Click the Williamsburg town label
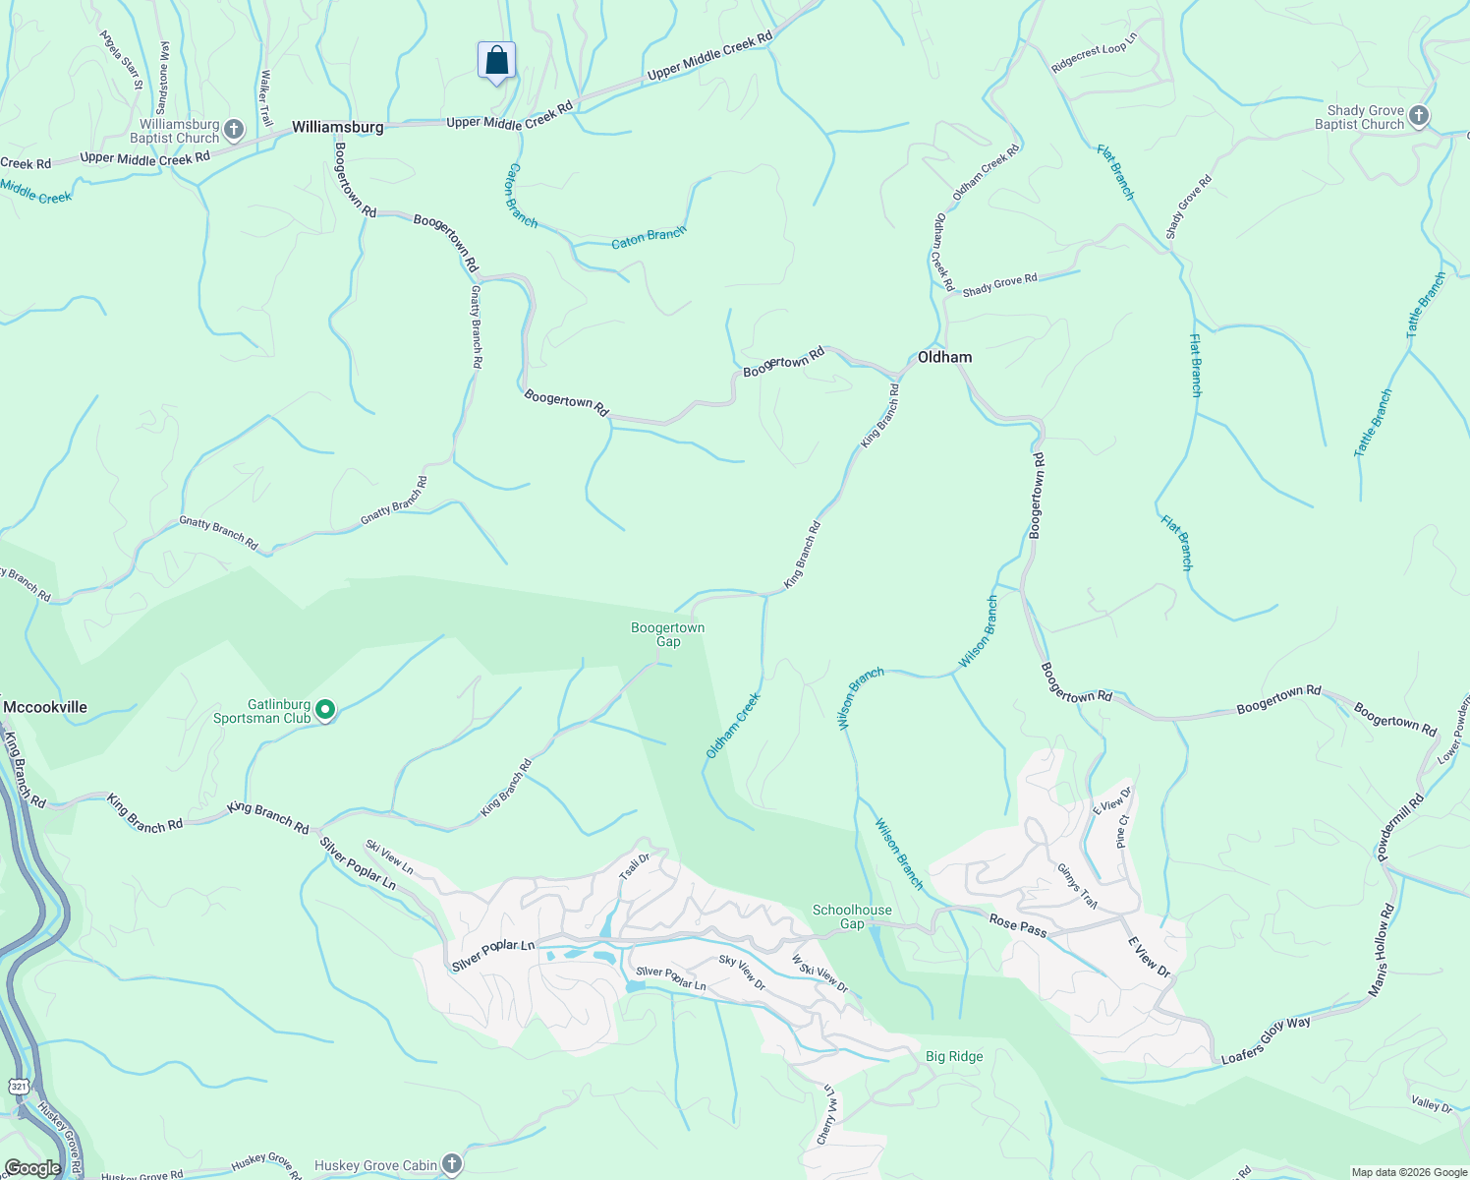(337, 128)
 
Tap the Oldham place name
(944, 358)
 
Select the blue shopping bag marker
(497, 61)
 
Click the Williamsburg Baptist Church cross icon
(234, 130)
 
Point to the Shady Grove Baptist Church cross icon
(1418, 116)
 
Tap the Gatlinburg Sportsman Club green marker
(325, 710)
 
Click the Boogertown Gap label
(668, 634)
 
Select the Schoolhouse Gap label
(852, 916)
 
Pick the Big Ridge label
(954, 1057)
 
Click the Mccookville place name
(45, 707)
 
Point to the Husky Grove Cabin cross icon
(451, 1165)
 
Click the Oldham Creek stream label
(733, 726)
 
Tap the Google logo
(32, 1168)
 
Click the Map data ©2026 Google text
(1409, 1172)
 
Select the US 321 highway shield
(20, 1086)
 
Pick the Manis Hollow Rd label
(1381, 950)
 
